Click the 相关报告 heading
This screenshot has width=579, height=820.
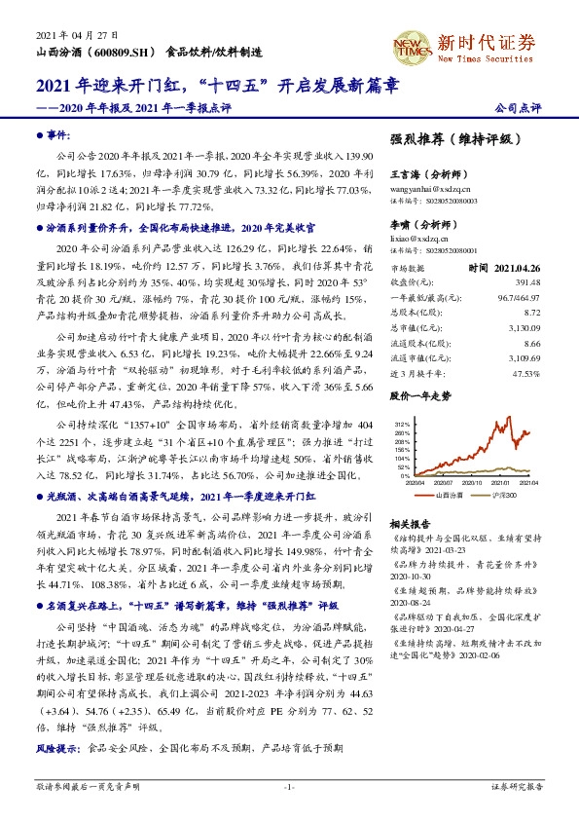[x=409, y=522]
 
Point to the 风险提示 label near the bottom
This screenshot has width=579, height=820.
[x=54, y=751]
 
